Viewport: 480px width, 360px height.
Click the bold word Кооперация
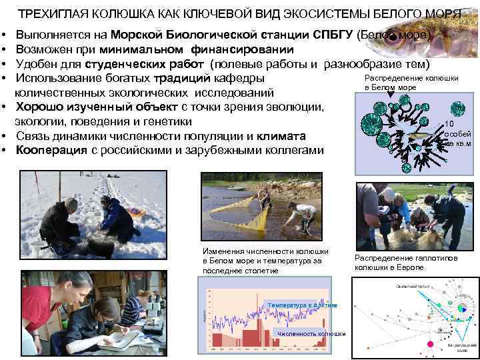[x=51, y=150]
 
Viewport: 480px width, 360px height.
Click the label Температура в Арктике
[x=302, y=305]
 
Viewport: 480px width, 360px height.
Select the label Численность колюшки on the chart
[x=311, y=333]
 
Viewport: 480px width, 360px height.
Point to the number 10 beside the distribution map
[x=449, y=124]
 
